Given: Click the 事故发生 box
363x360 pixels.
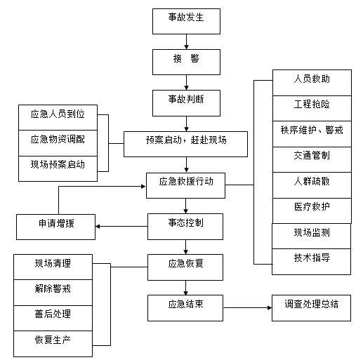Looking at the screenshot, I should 186,21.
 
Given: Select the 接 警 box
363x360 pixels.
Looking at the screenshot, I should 186,60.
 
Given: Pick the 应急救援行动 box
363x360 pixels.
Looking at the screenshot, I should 186,185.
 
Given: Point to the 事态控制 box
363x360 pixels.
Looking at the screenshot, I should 186,225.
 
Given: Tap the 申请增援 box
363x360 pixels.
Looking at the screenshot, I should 56,226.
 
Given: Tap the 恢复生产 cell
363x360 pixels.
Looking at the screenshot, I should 53,341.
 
